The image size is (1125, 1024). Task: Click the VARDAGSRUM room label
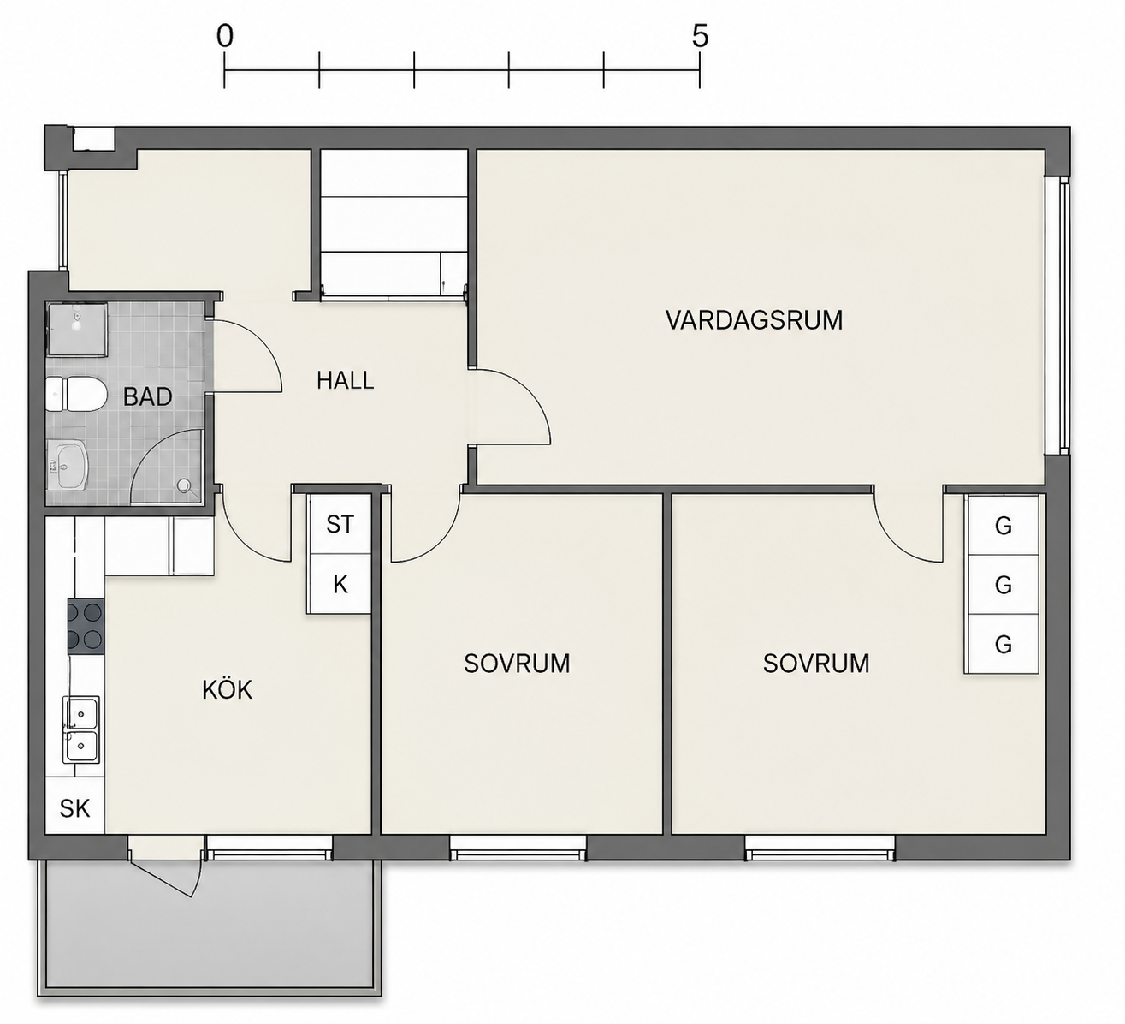[x=754, y=320]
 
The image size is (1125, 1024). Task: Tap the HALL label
[x=345, y=381]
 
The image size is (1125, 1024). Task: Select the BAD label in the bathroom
[x=147, y=397]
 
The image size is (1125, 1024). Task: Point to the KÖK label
[x=227, y=689]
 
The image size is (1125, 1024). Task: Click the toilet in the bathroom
[x=75, y=395]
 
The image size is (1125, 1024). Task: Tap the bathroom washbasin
[x=68, y=466]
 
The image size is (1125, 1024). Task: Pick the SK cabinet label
[x=74, y=809]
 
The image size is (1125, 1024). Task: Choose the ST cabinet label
[x=340, y=524]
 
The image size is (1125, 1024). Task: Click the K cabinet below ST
[x=340, y=585]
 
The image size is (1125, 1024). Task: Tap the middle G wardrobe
[x=1002, y=585]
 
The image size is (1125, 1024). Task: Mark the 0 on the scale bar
[x=224, y=37]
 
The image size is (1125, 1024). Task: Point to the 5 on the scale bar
[x=700, y=37]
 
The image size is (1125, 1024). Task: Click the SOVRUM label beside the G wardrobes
[x=816, y=664]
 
